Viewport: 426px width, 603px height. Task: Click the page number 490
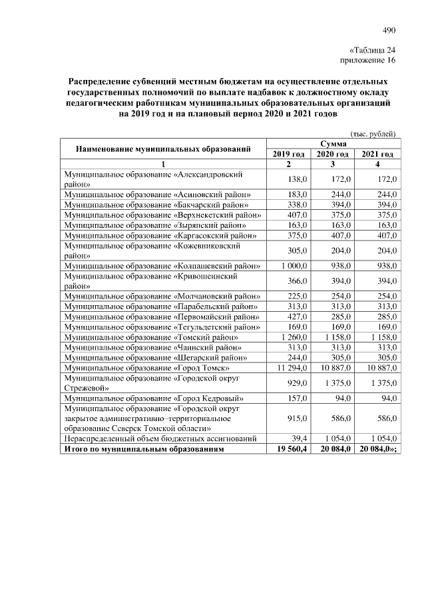(389, 29)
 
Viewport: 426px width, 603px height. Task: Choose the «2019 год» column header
(289, 154)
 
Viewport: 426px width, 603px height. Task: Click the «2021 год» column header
(377, 154)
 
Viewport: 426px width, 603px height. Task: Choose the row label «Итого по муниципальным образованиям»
(142, 450)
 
